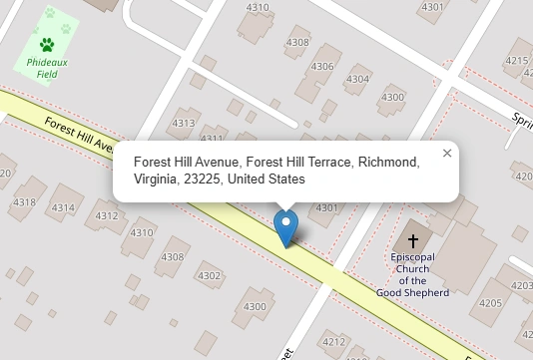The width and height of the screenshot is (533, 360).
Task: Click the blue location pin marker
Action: coord(286,227)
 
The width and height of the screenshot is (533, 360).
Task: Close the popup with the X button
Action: coord(447,154)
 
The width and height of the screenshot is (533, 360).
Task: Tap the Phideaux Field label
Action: coord(47,68)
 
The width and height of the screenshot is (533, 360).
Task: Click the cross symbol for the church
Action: coord(412,241)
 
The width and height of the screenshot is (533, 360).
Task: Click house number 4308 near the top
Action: coord(297,43)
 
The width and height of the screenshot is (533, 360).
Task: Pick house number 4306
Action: coord(322,67)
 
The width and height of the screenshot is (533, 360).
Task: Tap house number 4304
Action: coord(357,79)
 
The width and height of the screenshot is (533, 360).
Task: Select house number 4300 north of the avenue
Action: coord(393,97)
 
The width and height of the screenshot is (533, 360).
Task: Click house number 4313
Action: coord(184,124)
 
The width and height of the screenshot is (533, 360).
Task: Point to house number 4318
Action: coord(25,202)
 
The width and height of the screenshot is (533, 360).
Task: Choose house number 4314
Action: coord(63,207)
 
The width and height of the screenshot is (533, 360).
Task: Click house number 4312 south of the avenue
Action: coord(106,215)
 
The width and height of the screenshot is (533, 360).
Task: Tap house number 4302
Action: coord(209,276)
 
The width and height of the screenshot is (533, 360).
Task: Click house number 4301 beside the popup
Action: coord(326,208)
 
